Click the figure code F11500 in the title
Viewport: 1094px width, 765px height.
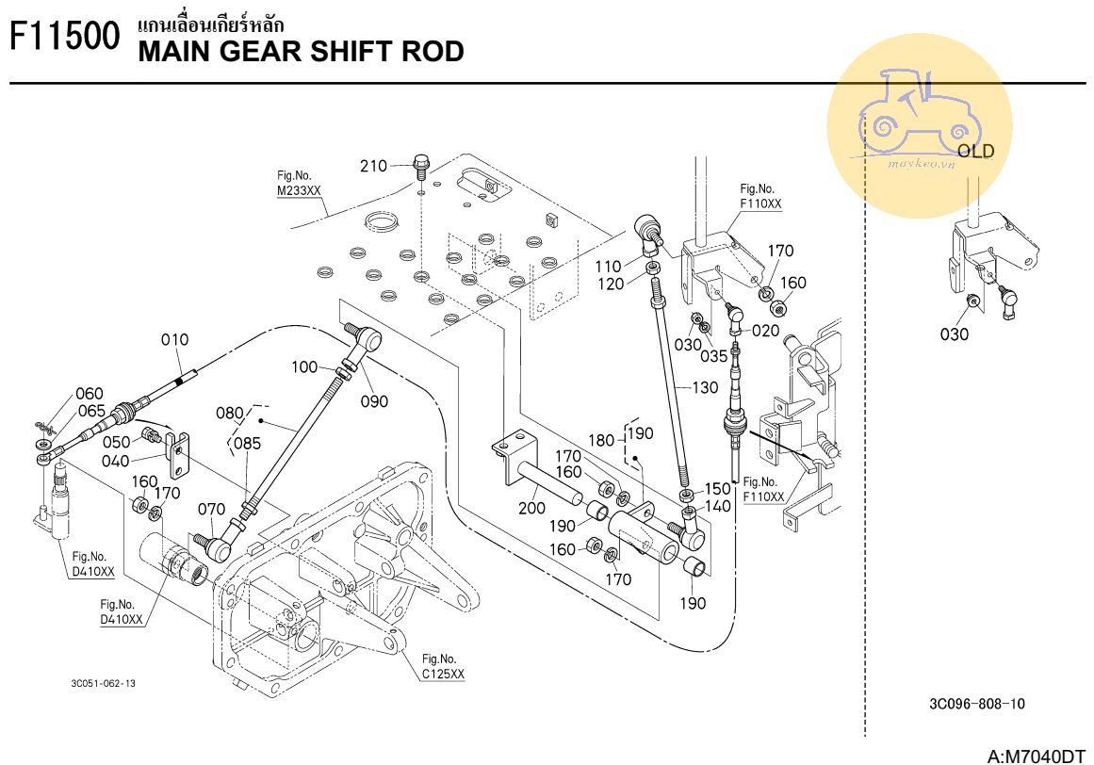click(64, 40)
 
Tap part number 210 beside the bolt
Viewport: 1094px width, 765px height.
click(374, 167)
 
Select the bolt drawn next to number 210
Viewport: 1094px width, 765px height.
click(420, 168)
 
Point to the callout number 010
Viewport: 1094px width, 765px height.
click(174, 339)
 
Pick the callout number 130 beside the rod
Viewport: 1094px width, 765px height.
click(705, 387)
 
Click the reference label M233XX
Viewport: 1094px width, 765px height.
click(299, 190)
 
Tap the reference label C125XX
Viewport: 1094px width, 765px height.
click(443, 674)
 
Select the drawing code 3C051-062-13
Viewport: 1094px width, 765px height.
click(102, 683)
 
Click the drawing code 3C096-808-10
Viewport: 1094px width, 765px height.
click(976, 703)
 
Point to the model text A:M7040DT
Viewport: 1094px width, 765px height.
click(1037, 756)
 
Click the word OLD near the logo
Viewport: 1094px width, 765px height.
click(975, 152)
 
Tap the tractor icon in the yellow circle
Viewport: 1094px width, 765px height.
click(909, 113)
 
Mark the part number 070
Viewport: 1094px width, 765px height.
click(212, 510)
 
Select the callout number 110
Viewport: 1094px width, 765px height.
click(608, 267)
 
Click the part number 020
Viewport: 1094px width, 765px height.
click(766, 331)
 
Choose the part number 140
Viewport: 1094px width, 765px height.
click(718, 506)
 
